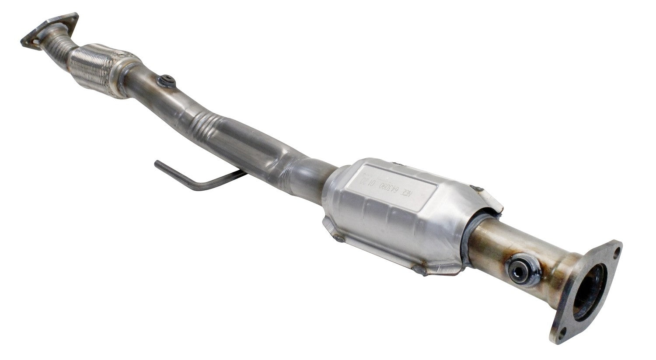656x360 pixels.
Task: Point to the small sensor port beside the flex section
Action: pos(167,80)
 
